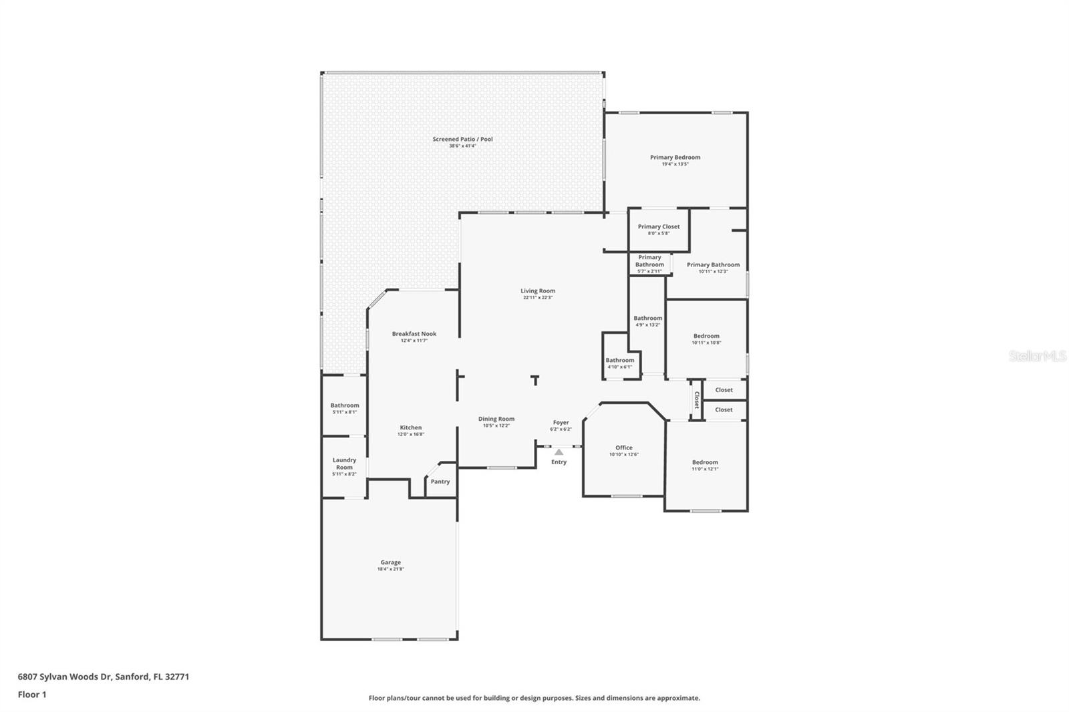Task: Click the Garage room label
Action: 391,562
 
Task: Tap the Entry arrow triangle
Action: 559,452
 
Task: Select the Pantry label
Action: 440,482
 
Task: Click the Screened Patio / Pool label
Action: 462,139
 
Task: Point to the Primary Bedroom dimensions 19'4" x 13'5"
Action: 675,164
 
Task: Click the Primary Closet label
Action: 658,226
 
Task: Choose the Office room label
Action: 623,448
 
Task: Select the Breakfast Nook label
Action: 414,334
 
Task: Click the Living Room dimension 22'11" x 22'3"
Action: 538,298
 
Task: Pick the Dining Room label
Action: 496,419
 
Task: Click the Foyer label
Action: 561,422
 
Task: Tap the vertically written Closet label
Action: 696,400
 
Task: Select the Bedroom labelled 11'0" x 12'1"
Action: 705,462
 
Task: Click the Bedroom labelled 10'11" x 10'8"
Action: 706,336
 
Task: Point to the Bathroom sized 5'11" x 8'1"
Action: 344,405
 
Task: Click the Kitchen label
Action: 410,427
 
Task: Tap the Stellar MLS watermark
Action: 1037,357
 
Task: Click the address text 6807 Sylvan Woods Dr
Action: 65,677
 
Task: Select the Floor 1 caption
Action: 32,695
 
